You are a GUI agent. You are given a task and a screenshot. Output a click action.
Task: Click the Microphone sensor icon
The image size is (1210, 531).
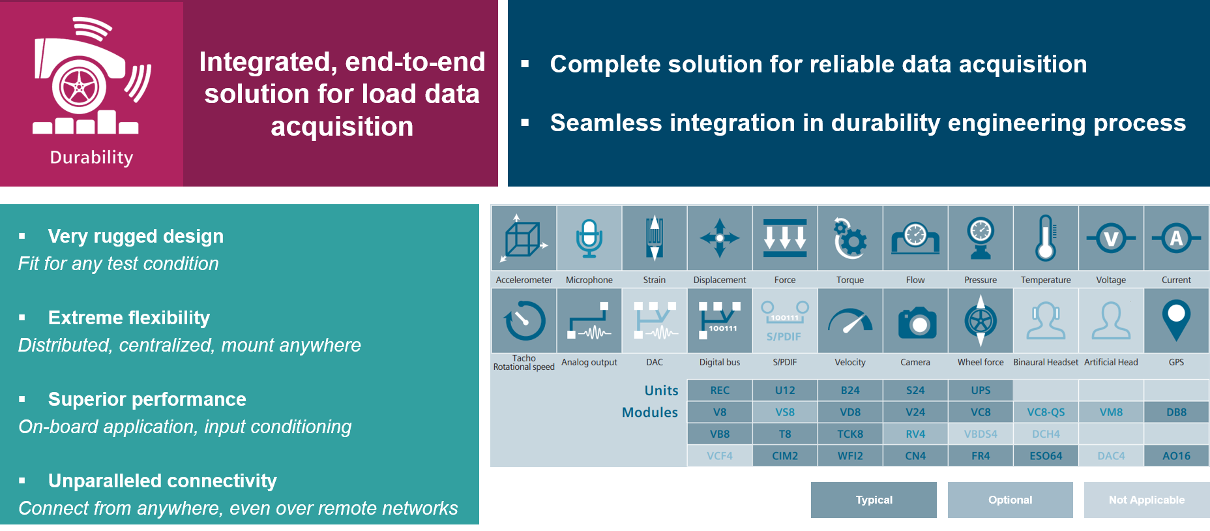click(x=589, y=238)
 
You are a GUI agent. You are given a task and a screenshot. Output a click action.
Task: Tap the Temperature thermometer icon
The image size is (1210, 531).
click(x=1046, y=238)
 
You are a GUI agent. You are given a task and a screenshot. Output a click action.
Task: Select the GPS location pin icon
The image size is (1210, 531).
click(x=1176, y=320)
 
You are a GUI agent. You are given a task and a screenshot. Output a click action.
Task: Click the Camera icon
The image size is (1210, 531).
click(x=915, y=322)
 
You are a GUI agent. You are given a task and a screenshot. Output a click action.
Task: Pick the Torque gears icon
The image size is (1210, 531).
click(x=850, y=238)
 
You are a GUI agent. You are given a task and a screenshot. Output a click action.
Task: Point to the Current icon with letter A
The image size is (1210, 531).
click(x=1176, y=238)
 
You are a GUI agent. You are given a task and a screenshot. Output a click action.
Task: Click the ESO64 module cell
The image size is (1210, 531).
click(x=1046, y=456)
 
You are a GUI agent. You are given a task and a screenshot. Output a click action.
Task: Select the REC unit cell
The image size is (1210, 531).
click(x=720, y=390)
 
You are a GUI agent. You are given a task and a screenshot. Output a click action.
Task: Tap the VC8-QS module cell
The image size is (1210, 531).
click(x=1046, y=412)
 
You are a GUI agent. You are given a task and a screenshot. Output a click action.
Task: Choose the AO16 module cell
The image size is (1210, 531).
click(x=1176, y=456)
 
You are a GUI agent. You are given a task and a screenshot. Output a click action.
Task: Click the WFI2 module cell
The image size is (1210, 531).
click(x=850, y=456)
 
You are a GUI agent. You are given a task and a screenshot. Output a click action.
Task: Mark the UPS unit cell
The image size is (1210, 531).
click(x=981, y=390)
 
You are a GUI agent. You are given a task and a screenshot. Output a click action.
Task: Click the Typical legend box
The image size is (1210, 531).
click(x=874, y=500)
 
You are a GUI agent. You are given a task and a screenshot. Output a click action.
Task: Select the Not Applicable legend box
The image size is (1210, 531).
click(x=1146, y=500)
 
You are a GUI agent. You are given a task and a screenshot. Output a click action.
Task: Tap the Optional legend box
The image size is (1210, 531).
click(x=1010, y=500)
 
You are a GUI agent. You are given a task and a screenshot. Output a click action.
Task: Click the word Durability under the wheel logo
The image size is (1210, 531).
click(x=91, y=158)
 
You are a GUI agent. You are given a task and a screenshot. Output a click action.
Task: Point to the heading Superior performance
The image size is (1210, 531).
click(x=147, y=399)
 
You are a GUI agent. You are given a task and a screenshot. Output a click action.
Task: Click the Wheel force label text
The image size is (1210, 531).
click(x=981, y=362)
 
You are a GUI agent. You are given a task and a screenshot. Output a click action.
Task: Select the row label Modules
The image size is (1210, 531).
click(x=650, y=412)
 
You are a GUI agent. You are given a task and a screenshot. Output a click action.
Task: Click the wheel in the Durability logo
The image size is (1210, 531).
click(x=79, y=87)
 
